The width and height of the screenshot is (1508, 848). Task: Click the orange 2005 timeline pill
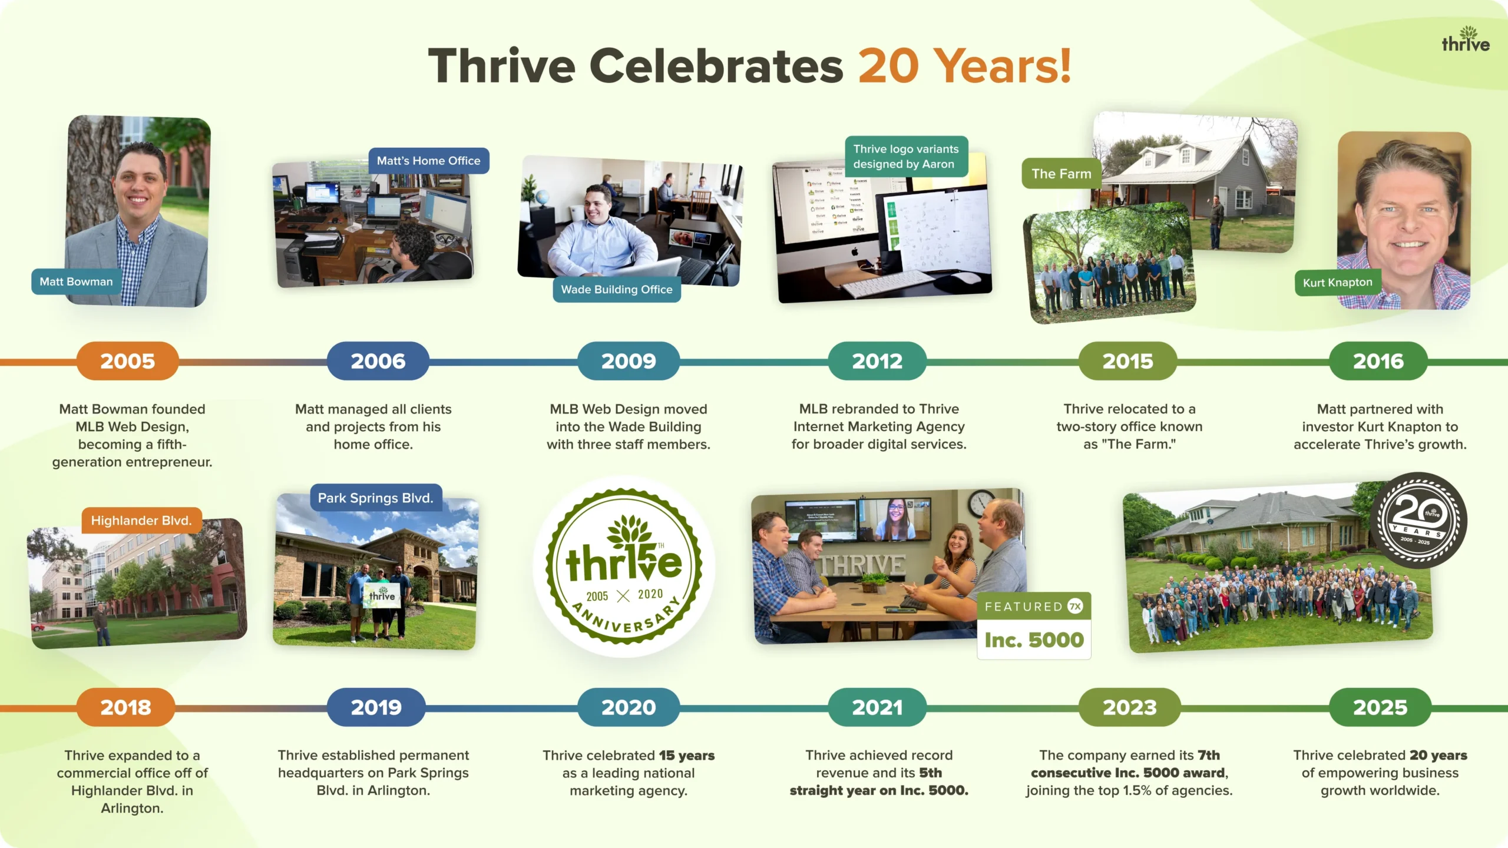(127, 361)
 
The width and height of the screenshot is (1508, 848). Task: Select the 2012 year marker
(877, 361)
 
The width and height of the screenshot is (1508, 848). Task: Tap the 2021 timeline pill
(877, 707)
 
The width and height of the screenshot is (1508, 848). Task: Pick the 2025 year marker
(1380, 707)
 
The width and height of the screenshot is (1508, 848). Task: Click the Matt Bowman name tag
(76, 281)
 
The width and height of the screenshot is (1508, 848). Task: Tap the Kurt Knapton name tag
(1337, 283)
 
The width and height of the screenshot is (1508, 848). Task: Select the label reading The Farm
(1061, 174)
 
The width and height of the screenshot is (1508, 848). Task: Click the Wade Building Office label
(617, 289)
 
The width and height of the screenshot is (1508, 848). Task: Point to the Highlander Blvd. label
(141, 521)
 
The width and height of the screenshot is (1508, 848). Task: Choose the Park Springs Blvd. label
(376, 498)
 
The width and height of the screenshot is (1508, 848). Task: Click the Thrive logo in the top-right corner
(1466, 39)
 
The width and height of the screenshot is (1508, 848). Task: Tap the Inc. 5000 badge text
(1034, 640)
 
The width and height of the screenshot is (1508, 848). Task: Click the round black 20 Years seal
(1418, 521)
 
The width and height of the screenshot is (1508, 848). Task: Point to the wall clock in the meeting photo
(980, 502)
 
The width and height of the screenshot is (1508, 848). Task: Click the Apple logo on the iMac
(855, 251)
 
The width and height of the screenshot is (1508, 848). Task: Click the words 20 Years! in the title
(964, 66)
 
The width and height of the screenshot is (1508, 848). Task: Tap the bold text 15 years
(686, 755)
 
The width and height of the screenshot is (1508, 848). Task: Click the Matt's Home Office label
(429, 161)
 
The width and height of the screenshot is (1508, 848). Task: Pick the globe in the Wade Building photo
(542, 198)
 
